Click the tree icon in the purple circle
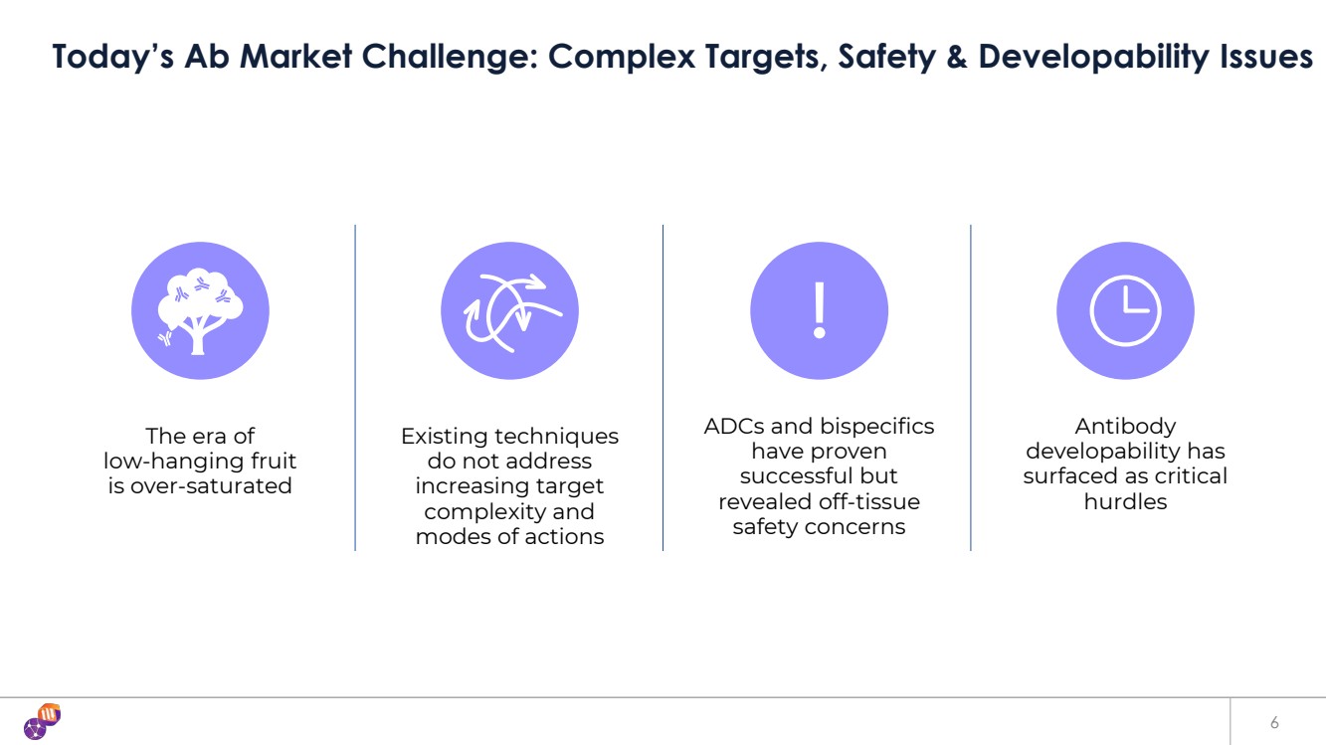click(200, 311)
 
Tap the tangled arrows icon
click(511, 312)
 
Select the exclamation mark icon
click(820, 310)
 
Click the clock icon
click(1125, 310)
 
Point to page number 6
click(1274, 722)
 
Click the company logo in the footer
click(42, 721)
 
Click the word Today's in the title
click(113, 57)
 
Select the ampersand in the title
click(957, 57)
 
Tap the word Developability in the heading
click(1093, 58)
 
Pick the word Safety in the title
click(886, 58)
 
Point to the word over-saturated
click(210, 485)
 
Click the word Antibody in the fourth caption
click(1125, 427)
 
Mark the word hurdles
click(1125, 501)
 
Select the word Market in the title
click(295, 57)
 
